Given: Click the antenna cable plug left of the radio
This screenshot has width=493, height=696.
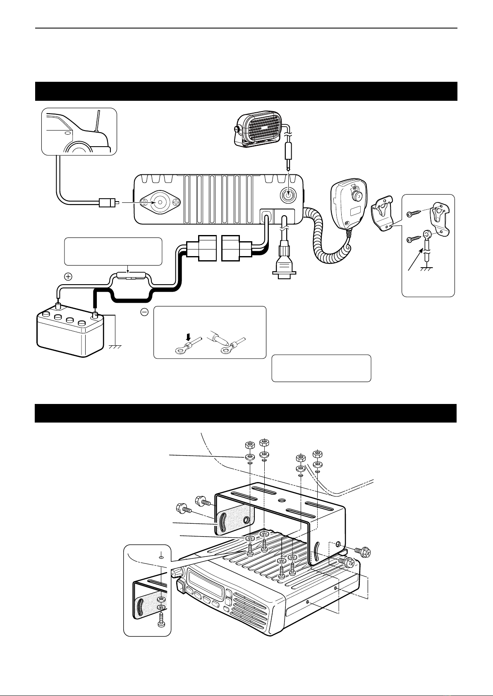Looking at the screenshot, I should [x=108, y=203].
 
